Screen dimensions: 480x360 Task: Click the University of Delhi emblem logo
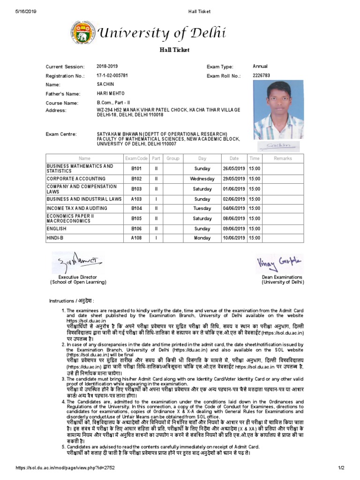tap(81, 33)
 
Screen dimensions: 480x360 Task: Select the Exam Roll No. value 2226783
tap(262, 75)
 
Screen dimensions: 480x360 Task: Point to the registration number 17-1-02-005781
tap(112, 75)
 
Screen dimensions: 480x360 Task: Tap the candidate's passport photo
tap(277, 110)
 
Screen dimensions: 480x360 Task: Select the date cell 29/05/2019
tap(234, 179)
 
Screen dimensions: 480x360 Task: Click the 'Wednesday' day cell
tap(202, 179)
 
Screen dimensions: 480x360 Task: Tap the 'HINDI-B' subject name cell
tap(53, 238)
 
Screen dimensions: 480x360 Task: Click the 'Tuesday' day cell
tap(202, 208)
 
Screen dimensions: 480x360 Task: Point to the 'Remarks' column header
tap(283, 158)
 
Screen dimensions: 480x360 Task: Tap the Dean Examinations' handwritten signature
tap(279, 264)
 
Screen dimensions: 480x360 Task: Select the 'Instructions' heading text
tap(72, 300)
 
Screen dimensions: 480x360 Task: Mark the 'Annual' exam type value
tap(260, 66)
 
